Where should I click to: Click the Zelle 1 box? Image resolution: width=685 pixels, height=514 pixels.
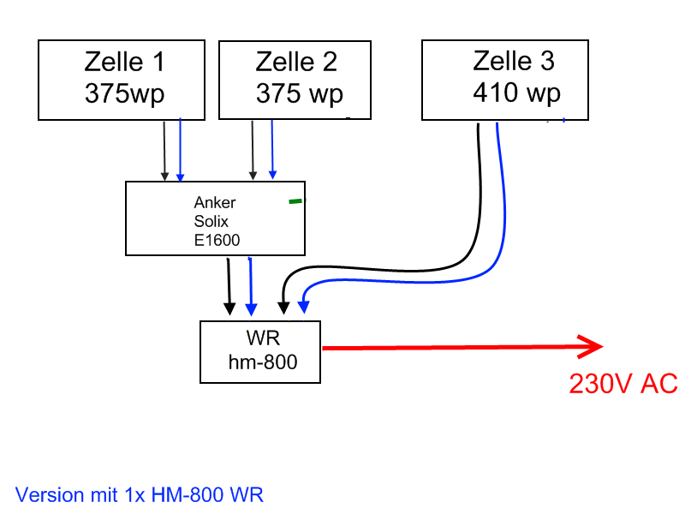pos(122,79)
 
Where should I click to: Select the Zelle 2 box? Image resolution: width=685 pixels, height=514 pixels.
pos(295,79)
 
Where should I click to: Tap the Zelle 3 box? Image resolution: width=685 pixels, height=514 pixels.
pos(505,79)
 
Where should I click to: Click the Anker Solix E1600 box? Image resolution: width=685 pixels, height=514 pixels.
pos(215,218)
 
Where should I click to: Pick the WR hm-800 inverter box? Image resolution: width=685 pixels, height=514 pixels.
pos(260,351)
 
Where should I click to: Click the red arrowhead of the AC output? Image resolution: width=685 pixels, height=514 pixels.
pos(591,347)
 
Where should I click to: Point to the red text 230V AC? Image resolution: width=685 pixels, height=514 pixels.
pos(623,384)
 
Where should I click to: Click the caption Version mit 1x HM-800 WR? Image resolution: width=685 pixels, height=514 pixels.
pos(140,494)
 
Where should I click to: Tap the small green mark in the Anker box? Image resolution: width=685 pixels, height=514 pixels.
pos(295,201)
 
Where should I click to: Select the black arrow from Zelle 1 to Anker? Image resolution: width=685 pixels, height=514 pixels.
pos(164,150)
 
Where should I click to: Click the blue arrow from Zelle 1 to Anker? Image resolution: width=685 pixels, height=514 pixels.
pos(180,150)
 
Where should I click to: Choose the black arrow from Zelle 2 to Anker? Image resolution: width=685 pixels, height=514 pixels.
pos(252,150)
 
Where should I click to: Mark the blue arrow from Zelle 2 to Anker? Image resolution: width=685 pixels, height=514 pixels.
pos(272,150)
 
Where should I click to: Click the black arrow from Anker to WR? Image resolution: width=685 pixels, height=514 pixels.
pos(229,287)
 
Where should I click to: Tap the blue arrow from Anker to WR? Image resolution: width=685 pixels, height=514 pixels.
pos(250,287)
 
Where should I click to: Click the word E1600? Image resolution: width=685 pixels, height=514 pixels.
pos(217,240)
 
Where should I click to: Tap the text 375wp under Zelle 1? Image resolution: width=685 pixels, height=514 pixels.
pos(124,93)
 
